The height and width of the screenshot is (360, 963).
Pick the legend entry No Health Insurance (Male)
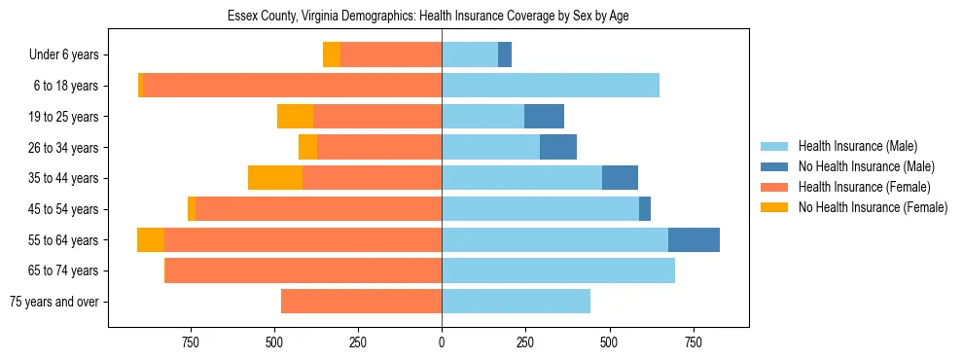pyautogui.click(x=866, y=167)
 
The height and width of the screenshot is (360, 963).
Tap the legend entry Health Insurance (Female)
pyautogui.click(x=864, y=187)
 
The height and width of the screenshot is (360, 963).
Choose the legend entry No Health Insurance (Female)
pyautogui.click(x=873, y=207)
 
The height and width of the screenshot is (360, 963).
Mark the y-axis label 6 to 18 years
pyautogui.click(x=65, y=86)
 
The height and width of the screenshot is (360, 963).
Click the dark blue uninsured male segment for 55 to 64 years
pyautogui.click(x=694, y=239)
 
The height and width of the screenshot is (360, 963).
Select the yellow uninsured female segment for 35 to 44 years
pyautogui.click(x=275, y=178)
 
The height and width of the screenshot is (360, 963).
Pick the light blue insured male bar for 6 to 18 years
pyautogui.click(x=551, y=86)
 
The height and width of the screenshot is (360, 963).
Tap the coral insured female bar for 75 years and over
pyautogui.click(x=361, y=302)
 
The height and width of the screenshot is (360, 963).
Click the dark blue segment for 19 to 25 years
pyautogui.click(x=544, y=117)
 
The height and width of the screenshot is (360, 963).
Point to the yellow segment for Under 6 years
pyautogui.click(x=332, y=55)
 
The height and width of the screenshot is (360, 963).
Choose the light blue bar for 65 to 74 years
pyautogui.click(x=558, y=270)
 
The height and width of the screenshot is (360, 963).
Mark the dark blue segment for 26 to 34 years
pyautogui.click(x=558, y=147)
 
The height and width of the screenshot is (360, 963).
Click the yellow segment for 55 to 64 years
pyautogui.click(x=151, y=239)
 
